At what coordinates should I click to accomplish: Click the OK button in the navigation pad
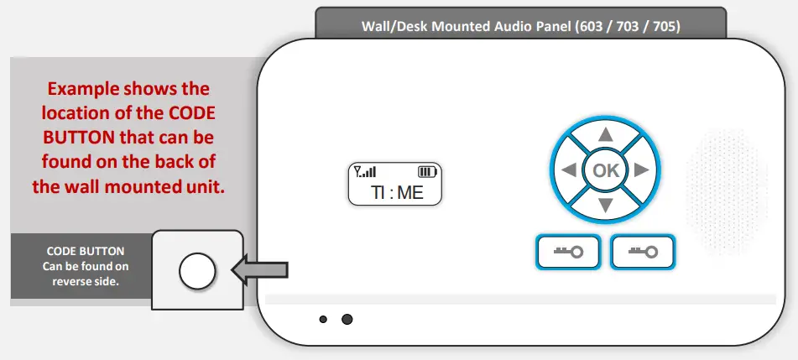[x=605, y=170]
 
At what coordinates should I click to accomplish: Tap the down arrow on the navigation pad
[x=605, y=206]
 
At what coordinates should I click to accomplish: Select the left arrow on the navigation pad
[x=569, y=170]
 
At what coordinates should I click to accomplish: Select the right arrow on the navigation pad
[x=642, y=170]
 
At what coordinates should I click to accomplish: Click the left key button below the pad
[x=566, y=252]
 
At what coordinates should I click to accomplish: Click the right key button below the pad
[x=643, y=252]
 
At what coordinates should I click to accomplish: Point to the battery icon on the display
[x=428, y=172]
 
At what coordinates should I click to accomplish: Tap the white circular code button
[x=198, y=270]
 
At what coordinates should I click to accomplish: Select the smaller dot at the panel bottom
[x=323, y=320]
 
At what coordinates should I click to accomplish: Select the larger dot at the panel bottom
[x=347, y=320]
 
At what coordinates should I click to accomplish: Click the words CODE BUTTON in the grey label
[x=85, y=251]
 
